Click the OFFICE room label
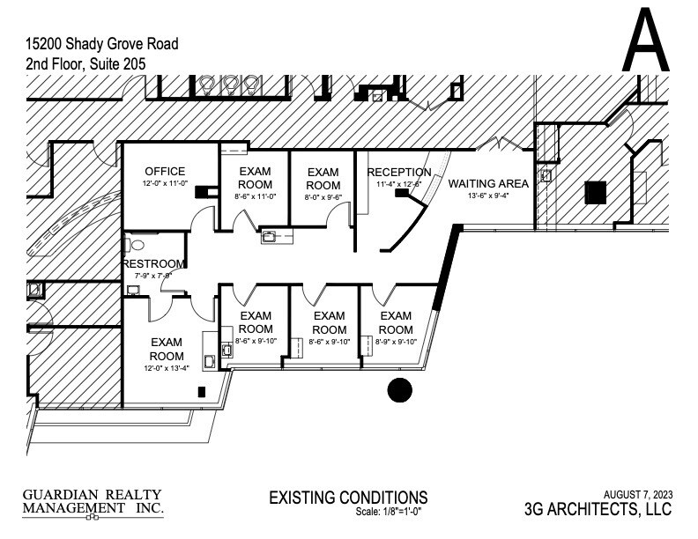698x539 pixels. click(x=165, y=171)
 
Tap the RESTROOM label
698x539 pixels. click(x=154, y=263)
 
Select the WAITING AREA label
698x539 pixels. click(x=488, y=183)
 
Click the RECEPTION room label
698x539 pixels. click(x=399, y=172)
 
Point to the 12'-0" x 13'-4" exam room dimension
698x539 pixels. click(x=166, y=368)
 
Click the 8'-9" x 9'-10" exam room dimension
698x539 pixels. click(x=396, y=342)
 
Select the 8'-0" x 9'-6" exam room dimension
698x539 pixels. click(x=323, y=198)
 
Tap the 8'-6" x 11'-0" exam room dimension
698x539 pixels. click(x=256, y=198)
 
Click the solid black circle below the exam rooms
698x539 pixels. click(x=400, y=389)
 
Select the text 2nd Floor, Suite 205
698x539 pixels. click(x=85, y=63)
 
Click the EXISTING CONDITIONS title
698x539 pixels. click(x=348, y=498)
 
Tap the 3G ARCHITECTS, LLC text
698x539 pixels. click(x=598, y=509)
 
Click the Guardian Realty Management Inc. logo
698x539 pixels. click(x=93, y=502)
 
